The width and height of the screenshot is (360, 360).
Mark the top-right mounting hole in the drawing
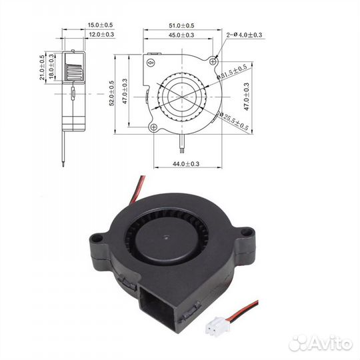(x=213, y=61)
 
